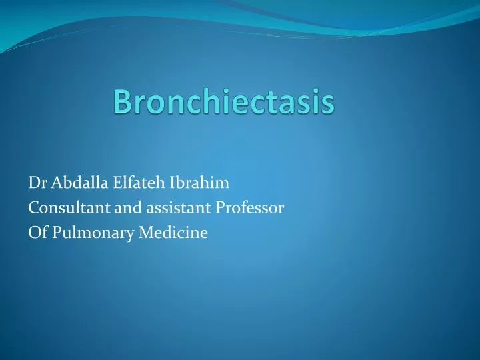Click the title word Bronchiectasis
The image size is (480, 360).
(x=223, y=101)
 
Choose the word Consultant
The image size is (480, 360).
(x=61, y=207)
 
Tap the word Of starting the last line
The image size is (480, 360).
(x=35, y=233)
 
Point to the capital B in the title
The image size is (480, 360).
(x=121, y=101)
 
